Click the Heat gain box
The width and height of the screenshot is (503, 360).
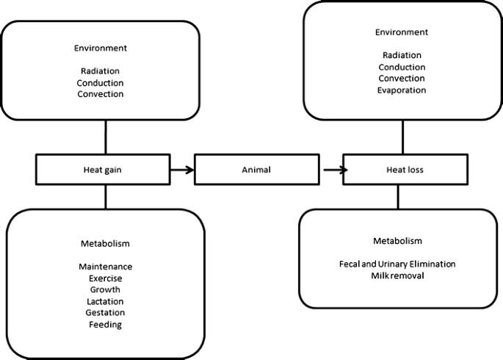[x=106, y=170]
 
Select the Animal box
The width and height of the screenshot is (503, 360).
[x=256, y=170]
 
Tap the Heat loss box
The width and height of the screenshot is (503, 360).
[x=405, y=170]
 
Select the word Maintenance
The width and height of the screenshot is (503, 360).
[x=106, y=267]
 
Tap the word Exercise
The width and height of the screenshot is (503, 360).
[x=106, y=278]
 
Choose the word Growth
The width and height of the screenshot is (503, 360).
[x=106, y=290]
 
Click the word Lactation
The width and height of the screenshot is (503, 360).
[x=106, y=301]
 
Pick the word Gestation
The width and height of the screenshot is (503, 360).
[x=106, y=313]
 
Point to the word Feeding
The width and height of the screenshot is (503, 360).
[x=106, y=325]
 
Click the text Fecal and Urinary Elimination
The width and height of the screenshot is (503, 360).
[x=397, y=264]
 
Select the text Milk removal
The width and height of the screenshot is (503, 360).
[x=397, y=276]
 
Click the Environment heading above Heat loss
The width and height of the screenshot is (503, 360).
[x=401, y=32]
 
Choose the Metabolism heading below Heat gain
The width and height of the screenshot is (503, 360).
[x=106, y=243]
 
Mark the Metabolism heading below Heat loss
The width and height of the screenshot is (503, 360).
[x=397, y=240]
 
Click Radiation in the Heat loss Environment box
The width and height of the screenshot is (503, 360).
[x=401, y=55]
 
